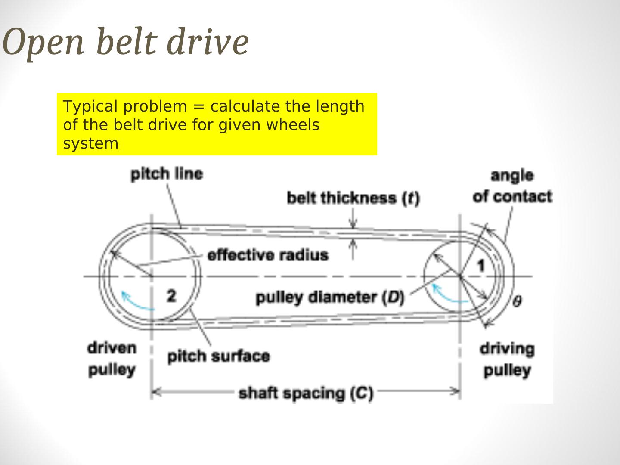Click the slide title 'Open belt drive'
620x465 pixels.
point(126,42)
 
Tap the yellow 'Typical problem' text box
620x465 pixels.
point(217,124)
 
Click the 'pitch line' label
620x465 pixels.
point(167,174)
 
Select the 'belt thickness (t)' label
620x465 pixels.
point(353,198)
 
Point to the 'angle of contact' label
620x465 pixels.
point(512,186)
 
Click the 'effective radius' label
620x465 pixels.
point(268,255)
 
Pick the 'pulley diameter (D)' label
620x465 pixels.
point(330,297)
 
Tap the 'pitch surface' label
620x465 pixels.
point(218,356)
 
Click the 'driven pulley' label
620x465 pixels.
point(112,359)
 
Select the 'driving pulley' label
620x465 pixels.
point(507,360)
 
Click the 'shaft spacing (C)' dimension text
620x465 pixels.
point(306,393)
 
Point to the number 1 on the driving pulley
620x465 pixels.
point(481,266)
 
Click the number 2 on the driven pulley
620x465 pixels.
point(171,296)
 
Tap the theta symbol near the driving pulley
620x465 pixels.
point(517,301)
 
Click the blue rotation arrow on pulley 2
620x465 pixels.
point(136,301)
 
